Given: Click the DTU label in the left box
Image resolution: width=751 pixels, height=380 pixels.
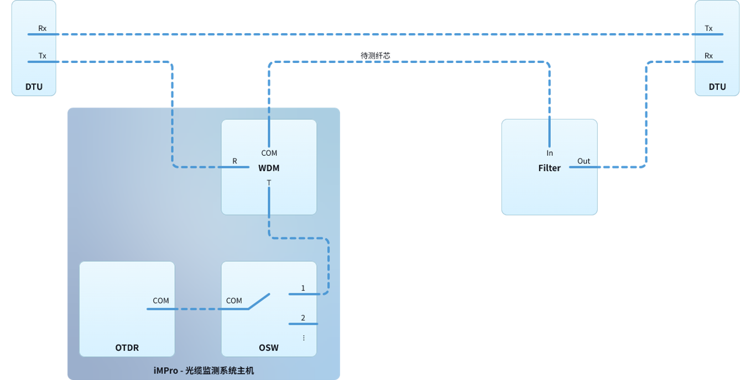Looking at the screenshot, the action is click(34, 87).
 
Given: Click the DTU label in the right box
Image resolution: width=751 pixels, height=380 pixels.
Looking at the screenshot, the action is click(717, 87).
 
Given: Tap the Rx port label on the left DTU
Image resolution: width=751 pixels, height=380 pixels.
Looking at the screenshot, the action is click(42, 29).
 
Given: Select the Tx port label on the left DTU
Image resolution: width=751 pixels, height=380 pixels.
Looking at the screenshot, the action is click(42, 56).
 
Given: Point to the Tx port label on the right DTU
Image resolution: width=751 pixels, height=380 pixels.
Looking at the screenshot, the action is click(708, 29).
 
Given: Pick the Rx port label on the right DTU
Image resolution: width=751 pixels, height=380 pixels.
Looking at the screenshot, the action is click(708, 56).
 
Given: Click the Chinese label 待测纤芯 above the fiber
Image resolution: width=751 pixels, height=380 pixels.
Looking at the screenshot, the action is click(375, 56).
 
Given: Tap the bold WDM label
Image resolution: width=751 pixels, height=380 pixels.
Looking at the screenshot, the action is click(269, 168).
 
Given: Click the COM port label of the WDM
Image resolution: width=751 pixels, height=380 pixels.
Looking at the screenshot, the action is click(269, 153).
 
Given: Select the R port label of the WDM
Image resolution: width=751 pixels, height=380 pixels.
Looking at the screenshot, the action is click(234, 161).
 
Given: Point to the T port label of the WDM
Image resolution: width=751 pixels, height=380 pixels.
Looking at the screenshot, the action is click(269, 183).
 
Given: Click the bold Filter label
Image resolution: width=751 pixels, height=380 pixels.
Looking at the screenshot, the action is click(550, 168).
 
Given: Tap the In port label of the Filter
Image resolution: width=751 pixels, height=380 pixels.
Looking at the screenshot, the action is click(550, 153).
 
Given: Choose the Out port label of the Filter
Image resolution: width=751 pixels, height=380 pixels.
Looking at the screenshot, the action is click(583, 161).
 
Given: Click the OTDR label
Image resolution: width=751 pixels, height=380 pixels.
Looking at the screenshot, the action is click(127, 348).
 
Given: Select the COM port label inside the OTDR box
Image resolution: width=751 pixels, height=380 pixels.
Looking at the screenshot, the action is click(161, 300).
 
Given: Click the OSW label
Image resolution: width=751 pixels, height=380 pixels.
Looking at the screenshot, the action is click(269, 348).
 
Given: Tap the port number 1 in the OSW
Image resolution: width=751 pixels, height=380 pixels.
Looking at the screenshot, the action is click(303, 288).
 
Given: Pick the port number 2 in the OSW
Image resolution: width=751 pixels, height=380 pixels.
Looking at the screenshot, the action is click(303, 318).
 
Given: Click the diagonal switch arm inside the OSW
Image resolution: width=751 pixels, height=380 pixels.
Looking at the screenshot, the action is click(259, 302).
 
